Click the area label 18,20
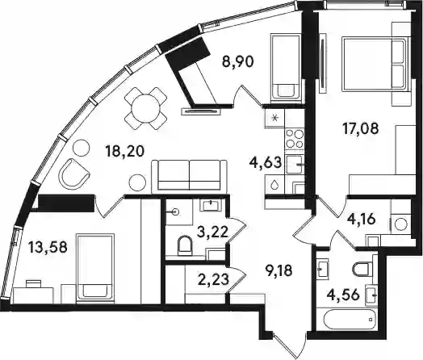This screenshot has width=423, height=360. [x=125, y=152]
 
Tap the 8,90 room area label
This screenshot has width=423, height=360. [x=237, y=62]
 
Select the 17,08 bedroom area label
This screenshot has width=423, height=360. [x=360, y=128]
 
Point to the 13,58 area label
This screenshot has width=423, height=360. [x=48, y=247]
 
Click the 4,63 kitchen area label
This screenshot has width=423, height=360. [x=266, y=163]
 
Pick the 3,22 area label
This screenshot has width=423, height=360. [x=213, y=232]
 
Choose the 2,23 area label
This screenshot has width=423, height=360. [x=213, y=278]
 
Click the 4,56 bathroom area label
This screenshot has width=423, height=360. [x=343, y=295]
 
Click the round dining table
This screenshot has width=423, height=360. [x=145, y=108]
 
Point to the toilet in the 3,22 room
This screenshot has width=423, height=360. [x=185, y=245]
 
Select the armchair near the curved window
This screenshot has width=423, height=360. [x=73, y=173]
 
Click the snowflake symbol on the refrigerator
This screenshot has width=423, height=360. [x=275, y=117]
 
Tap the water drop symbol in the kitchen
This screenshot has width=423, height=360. [x=274, y=184]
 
